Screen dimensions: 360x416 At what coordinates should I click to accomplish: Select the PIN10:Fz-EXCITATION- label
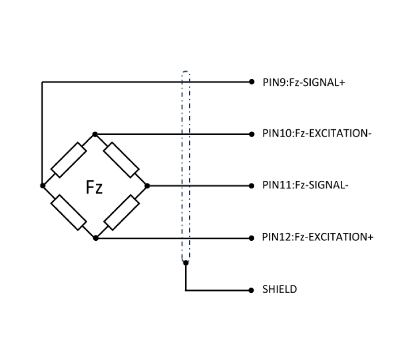[316, 134]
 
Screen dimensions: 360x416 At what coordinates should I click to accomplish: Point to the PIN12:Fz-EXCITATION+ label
[317, 237]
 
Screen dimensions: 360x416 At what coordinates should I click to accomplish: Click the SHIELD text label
[280, 289]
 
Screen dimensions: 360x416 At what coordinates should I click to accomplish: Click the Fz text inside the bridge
[95, 187]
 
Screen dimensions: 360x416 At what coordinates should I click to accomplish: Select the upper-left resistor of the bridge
[69, 160]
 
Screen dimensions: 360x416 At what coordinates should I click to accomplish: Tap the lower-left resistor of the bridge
[69, 212]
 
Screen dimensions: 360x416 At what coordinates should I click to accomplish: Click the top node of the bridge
[95, 134]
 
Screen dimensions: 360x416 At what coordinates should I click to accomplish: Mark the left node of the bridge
[43, 186]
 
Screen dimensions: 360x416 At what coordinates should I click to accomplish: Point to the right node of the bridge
[147, 186]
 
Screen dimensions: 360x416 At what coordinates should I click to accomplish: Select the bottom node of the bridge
[95, 237]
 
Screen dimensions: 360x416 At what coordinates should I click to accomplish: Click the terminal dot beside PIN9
[251, 83]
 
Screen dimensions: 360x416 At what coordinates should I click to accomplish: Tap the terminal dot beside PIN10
[251, 134]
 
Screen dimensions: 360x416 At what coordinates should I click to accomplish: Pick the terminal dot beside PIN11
[251, 186]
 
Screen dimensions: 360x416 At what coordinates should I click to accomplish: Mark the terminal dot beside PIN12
[251, 237]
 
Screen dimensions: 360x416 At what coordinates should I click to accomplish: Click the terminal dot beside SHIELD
[251, 289]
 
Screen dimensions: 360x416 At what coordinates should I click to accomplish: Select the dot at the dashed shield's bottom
[186, 264]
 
